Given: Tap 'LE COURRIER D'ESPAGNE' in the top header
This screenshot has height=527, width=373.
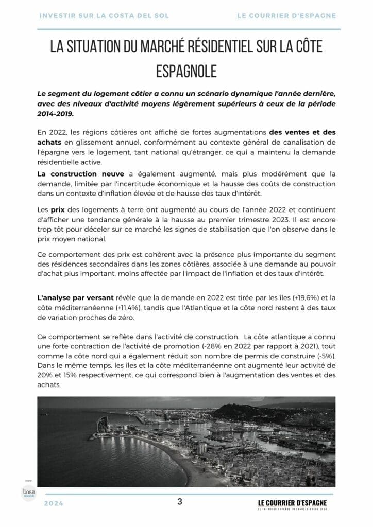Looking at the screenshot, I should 286,16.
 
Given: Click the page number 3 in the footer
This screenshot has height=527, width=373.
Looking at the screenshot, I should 180,501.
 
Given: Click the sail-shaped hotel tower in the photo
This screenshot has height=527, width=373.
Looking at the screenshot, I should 102,424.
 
